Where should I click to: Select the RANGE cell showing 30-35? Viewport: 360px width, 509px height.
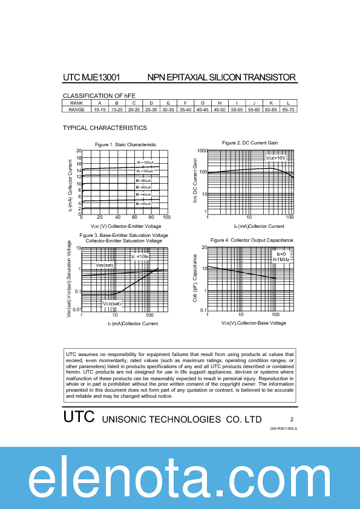(168, 109)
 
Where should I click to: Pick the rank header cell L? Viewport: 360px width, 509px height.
(289, 103)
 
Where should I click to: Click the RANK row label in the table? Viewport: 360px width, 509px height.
(76, 103)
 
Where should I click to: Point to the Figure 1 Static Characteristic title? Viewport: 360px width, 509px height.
(126, 144)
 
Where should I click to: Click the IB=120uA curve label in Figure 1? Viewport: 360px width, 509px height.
(145, 163)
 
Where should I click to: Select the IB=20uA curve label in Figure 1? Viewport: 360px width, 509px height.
(143, 204)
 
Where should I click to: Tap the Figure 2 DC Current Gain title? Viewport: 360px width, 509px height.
(250, 143)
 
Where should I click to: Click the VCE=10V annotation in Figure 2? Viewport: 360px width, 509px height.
(275, 158)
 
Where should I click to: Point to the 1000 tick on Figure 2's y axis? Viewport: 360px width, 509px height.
(202, 151)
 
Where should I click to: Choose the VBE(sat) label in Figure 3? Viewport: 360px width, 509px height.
(105, 265)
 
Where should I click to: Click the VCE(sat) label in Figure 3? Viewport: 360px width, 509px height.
(111, 303)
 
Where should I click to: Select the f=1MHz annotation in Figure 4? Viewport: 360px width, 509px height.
(281, 259)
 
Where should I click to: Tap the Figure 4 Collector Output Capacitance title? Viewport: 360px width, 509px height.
(252, 240)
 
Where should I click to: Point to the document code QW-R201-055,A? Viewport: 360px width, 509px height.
(284, 428)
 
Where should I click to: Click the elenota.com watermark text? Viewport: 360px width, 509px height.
(180, 478)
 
